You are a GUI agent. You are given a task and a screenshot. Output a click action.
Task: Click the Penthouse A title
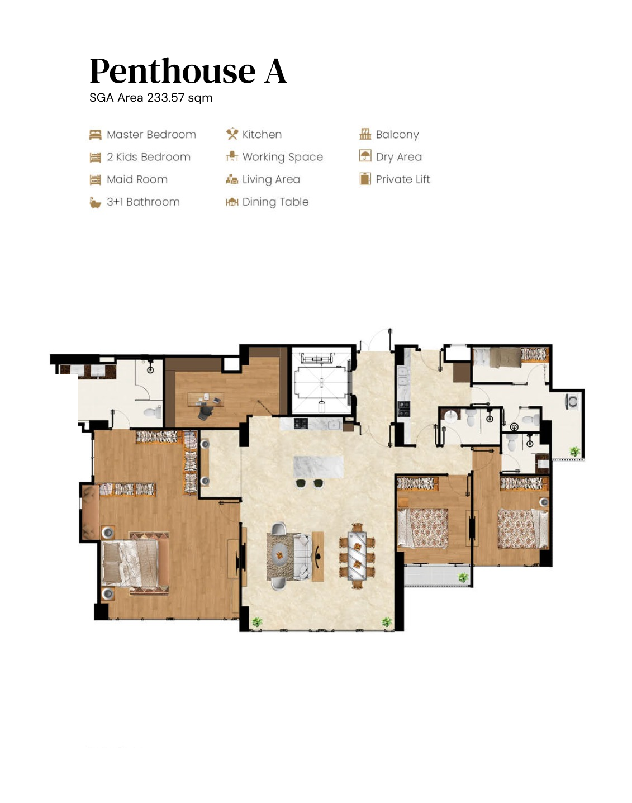pos(188,71)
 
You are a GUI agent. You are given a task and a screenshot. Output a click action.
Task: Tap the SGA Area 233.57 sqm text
pos(151,98)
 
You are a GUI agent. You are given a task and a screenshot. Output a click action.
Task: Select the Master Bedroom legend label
pos(151,134)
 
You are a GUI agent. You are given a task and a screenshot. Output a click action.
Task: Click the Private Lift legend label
pos(403,179)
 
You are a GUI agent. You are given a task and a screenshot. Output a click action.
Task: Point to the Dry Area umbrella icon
pos(365,155)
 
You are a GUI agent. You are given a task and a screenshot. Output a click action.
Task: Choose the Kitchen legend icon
pos(232,134)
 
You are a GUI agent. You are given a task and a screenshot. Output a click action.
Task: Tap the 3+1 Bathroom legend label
pos(143,202)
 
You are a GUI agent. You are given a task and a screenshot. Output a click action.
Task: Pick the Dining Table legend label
pos(275,202)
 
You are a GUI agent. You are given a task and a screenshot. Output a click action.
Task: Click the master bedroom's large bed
pos(135,563)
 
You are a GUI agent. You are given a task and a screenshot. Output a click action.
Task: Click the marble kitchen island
pos(319,467)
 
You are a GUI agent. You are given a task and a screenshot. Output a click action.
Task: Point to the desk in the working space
pos(206,399)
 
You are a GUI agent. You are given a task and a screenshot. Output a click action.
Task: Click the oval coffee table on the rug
pos(279,555)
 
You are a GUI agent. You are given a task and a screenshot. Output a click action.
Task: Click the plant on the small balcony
pos(463,577)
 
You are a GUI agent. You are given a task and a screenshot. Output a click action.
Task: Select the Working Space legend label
pos(283,157)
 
